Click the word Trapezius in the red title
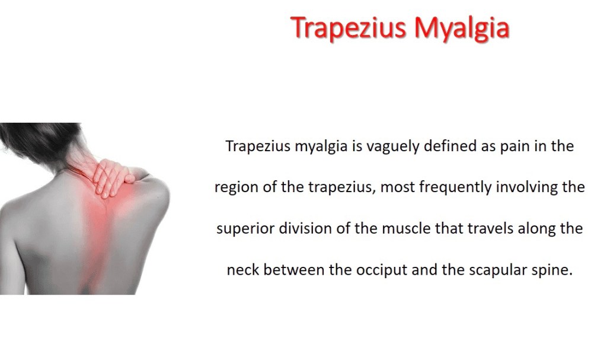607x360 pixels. click(349, 28)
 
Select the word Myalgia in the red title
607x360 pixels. click(461, 28)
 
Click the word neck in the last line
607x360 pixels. click(243, 270)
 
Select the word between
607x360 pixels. click(294, 270)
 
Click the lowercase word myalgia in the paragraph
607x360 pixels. click(321, 147)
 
